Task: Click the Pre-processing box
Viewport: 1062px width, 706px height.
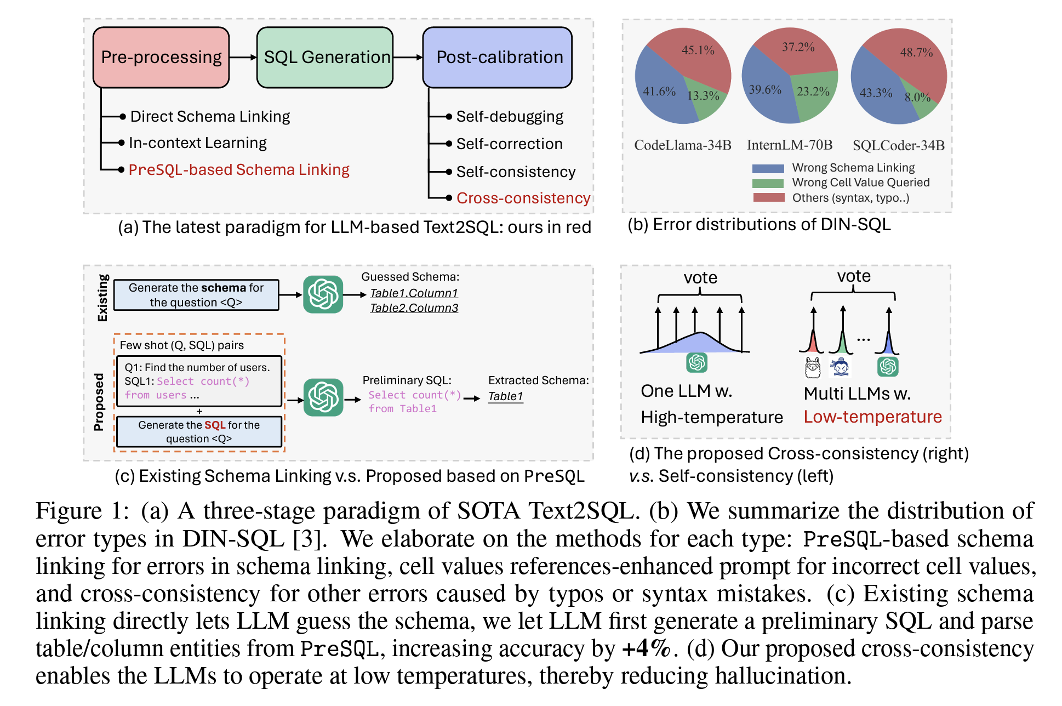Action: tap(161, 58)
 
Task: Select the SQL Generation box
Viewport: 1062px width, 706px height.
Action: tap(325, 58)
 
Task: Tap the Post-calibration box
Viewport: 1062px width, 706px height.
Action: tap(498, 58)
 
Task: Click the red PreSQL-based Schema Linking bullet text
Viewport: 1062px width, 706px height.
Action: tap(239, 170)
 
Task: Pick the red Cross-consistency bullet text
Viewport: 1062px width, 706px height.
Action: tap(523, 198)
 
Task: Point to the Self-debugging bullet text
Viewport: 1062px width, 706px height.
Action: tap(510, 117)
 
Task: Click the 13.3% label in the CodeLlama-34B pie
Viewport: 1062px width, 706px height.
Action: tap(703, 96)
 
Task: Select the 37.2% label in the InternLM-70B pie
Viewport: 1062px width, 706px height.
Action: tap(798, 47)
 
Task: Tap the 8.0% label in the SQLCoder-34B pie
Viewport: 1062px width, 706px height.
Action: tap(917, 98)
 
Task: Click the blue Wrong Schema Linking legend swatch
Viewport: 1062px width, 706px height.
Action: tap(768, 168)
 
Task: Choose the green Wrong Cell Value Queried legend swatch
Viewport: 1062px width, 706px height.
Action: tap(768, 183)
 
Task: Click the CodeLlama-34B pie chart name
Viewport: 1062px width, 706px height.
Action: tap(683, 145)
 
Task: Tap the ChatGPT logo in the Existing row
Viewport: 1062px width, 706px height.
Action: tap(323, 294)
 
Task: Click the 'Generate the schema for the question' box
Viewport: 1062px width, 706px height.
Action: tap(196, 295)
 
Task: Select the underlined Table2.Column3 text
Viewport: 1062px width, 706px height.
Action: tap(414, 308)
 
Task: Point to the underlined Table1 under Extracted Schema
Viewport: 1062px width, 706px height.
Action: tap(505, 396)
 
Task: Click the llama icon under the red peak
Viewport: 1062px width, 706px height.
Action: tap(813, 367)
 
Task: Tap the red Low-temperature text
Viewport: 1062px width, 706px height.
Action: tap(872, 417)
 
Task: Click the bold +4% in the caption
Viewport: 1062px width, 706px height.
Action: tap(647, 649)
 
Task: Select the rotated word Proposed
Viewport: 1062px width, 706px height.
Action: tap(99, 402)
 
